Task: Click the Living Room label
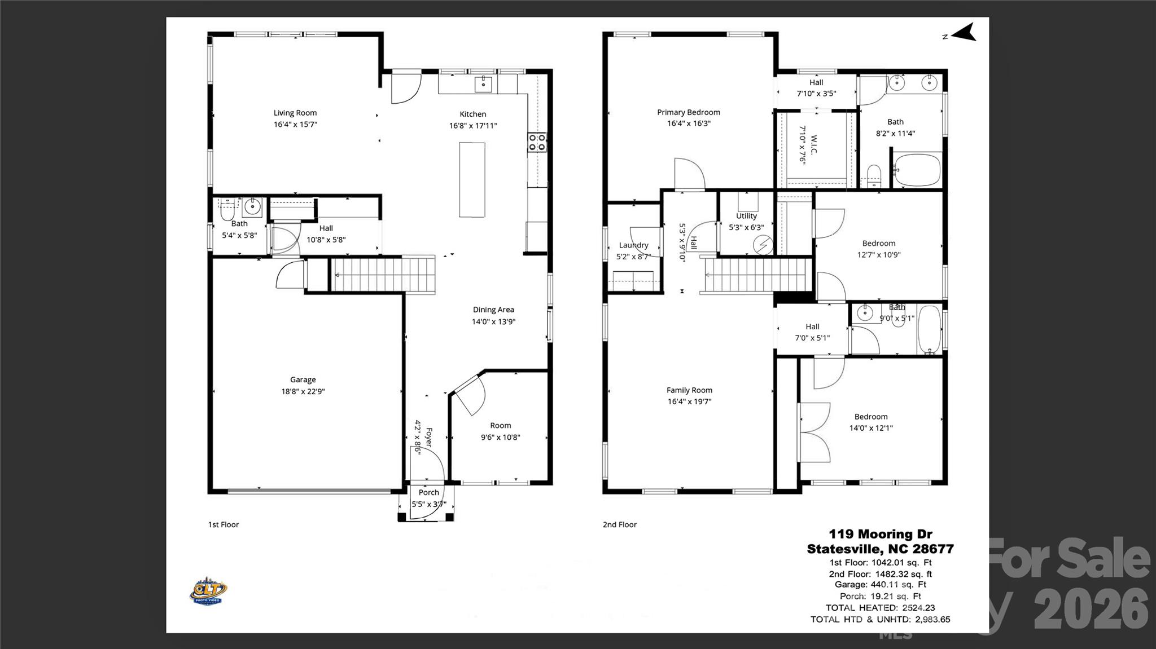pyautogui.click(x=295, y=113)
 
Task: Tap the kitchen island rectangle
pyautogui.click(x=472, y=179)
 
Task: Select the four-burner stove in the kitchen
pyautogui.click(x=537, y=142)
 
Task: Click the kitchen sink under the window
pyautogui.click(x=483, y=84)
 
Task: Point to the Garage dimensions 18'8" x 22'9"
pyautogui.click(x=303, y=391)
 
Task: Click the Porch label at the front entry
pyautogui.click(x=428, y=492)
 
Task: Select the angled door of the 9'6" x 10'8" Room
pyautogui.click(x=470, y=394)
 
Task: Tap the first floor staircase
pyautogui.click(x=382, y=275)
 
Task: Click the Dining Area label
pyautogui.click(x=493, y=310)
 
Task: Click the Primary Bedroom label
pyautogui.click(x=688, y=112)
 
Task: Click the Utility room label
pyautogui.click(x=746, y=216)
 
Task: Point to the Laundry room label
pyautogui.click(x=633, y=245)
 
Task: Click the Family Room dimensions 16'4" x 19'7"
pyautogui.click(x=689, y=401)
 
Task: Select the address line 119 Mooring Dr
pyautogui.click(x=880, y=534)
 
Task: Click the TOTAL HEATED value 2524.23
pyautogui.click(x=918, y=608)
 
